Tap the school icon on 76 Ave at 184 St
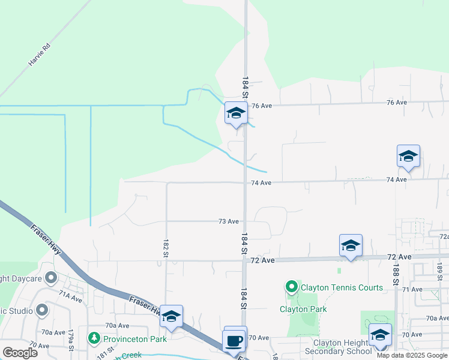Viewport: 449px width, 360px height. [236, 113]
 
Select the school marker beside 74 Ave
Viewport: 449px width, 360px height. [408, 157]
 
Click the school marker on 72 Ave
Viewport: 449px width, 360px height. [351, 245]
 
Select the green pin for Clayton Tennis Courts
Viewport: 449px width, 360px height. [292, 287]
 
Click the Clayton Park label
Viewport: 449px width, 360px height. [303, 309]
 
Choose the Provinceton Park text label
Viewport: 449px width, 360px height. [134, 339]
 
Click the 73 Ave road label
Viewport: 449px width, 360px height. [228, 221]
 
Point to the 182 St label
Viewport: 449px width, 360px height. [165, 248]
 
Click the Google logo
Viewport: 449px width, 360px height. [20, 353]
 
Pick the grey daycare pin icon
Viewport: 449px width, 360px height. [51, 278]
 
